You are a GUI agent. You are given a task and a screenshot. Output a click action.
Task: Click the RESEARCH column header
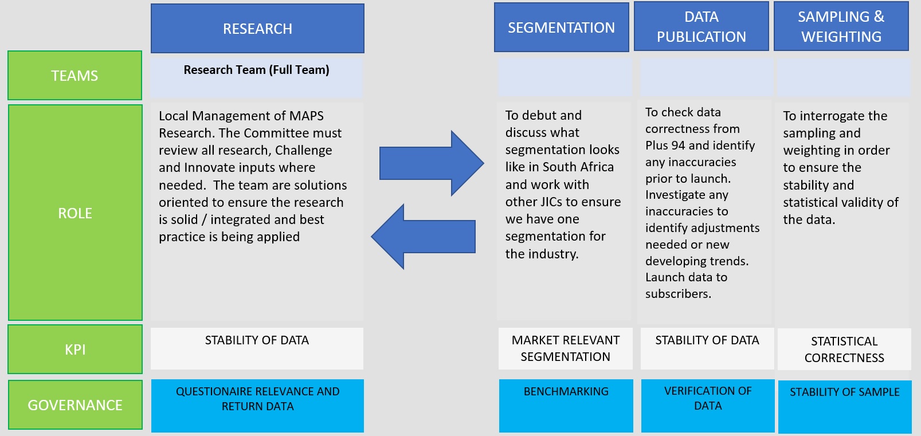point(257,28)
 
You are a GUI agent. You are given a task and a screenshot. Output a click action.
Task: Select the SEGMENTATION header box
point(561,27)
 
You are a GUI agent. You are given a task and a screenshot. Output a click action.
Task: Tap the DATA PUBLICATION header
point(701,26)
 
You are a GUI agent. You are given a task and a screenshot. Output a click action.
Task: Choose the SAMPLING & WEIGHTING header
point(841,26)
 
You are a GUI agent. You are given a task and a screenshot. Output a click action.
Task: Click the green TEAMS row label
point(75,75)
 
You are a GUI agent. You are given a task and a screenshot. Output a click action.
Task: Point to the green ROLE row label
point(75,213)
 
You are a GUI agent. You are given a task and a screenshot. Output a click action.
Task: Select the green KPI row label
point(75,349)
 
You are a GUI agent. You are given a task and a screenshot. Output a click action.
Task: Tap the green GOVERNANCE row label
point(75,404)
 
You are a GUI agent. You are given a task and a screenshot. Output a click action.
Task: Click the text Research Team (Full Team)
point(257,70)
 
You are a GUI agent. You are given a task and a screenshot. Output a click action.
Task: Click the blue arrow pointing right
point(432,163)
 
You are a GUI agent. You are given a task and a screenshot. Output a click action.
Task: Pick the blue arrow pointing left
point(423,236)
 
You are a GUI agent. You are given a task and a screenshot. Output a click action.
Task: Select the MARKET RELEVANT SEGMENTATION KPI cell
point(565,348)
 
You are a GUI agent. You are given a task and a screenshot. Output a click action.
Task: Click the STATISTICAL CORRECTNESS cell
point(844,349)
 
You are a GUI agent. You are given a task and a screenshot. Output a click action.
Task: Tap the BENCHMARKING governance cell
point(566,406)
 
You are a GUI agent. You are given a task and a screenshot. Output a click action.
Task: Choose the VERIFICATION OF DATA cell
point(708,406)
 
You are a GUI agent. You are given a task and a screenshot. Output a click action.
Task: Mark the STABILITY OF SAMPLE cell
point(845,406)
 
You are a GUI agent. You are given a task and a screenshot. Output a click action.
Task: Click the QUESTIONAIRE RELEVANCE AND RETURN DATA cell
point(257,406)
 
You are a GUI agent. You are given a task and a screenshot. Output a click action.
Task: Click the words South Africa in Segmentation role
point(578,167)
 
